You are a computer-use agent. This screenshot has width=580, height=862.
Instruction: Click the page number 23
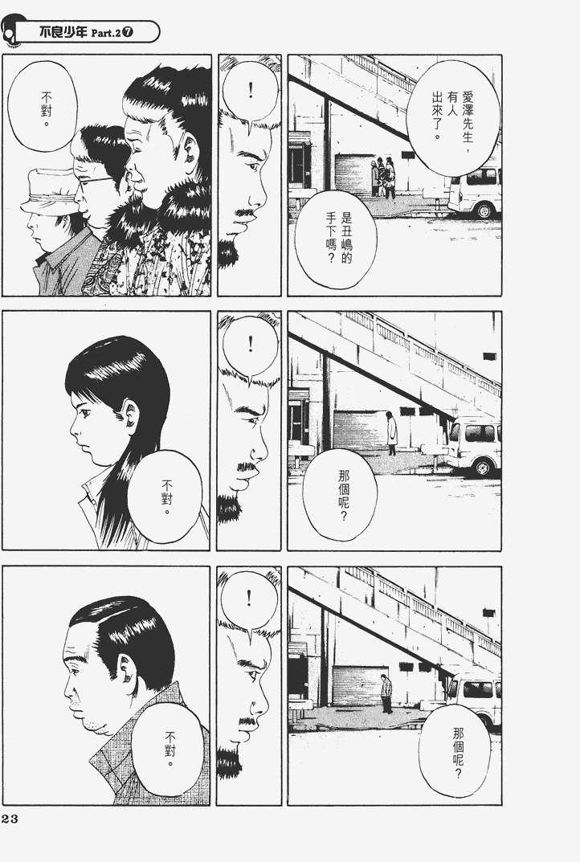click(x=10, y=819)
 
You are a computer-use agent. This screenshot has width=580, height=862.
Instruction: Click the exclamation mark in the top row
click(x=251, y=91)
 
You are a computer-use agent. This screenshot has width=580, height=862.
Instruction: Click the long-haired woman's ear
click(x=130, y=414)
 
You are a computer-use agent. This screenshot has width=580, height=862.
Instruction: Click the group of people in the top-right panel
click(x=383, y=178)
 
